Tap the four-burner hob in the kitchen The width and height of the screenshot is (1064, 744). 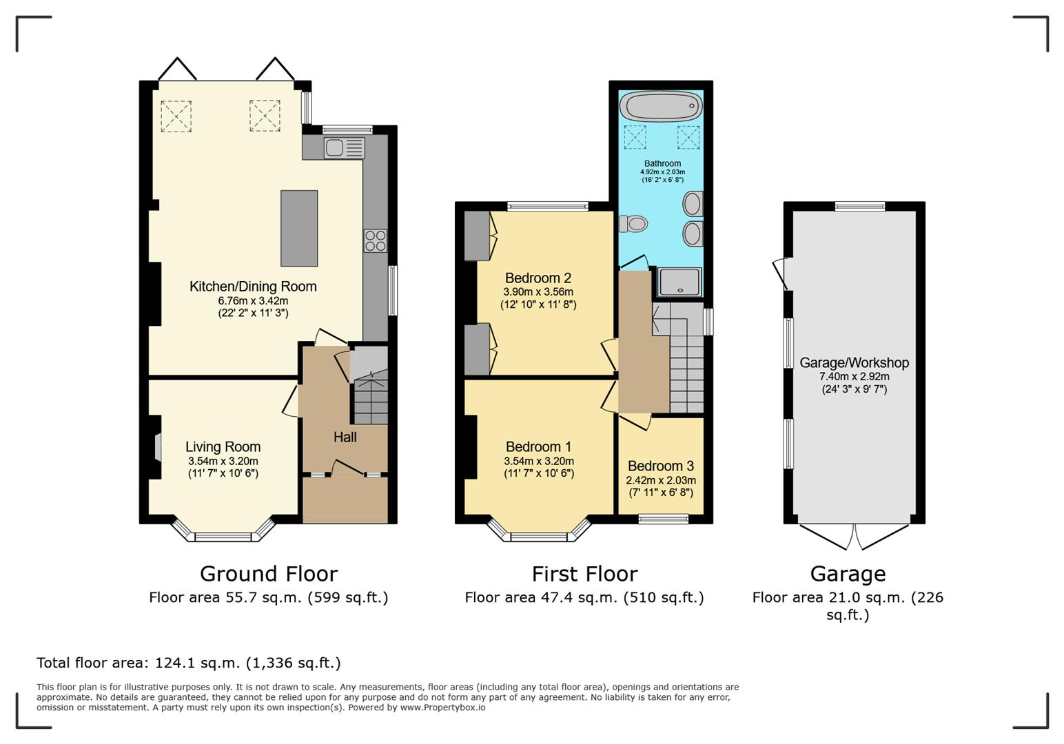click(376, 240)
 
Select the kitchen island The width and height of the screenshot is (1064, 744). click(299, 228)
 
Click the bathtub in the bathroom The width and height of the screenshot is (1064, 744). click(661, 107)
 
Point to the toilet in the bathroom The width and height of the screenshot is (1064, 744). click(634, 224)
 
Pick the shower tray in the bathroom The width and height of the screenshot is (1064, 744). click(679, 282)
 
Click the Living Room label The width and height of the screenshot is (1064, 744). click(223, 446)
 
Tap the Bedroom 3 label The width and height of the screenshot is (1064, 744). click(660, 466)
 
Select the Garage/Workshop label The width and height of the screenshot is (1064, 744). click(854, 362)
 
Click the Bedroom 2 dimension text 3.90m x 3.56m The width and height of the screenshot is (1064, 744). click(538, 292)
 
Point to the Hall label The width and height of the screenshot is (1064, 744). click(345, 437)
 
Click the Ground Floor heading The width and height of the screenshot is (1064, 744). click(268, 573)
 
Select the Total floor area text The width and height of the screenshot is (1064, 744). click(188, 663)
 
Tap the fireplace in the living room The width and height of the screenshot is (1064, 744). click(158, 447)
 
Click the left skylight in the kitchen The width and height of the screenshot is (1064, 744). click(176, 115)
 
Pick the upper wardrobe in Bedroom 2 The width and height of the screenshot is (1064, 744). click(477, 236)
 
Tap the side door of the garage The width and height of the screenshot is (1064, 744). click(782, 273)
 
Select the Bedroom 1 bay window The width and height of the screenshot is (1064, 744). click(539, 532)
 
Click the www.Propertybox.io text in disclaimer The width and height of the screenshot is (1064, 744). click(442, 707)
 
